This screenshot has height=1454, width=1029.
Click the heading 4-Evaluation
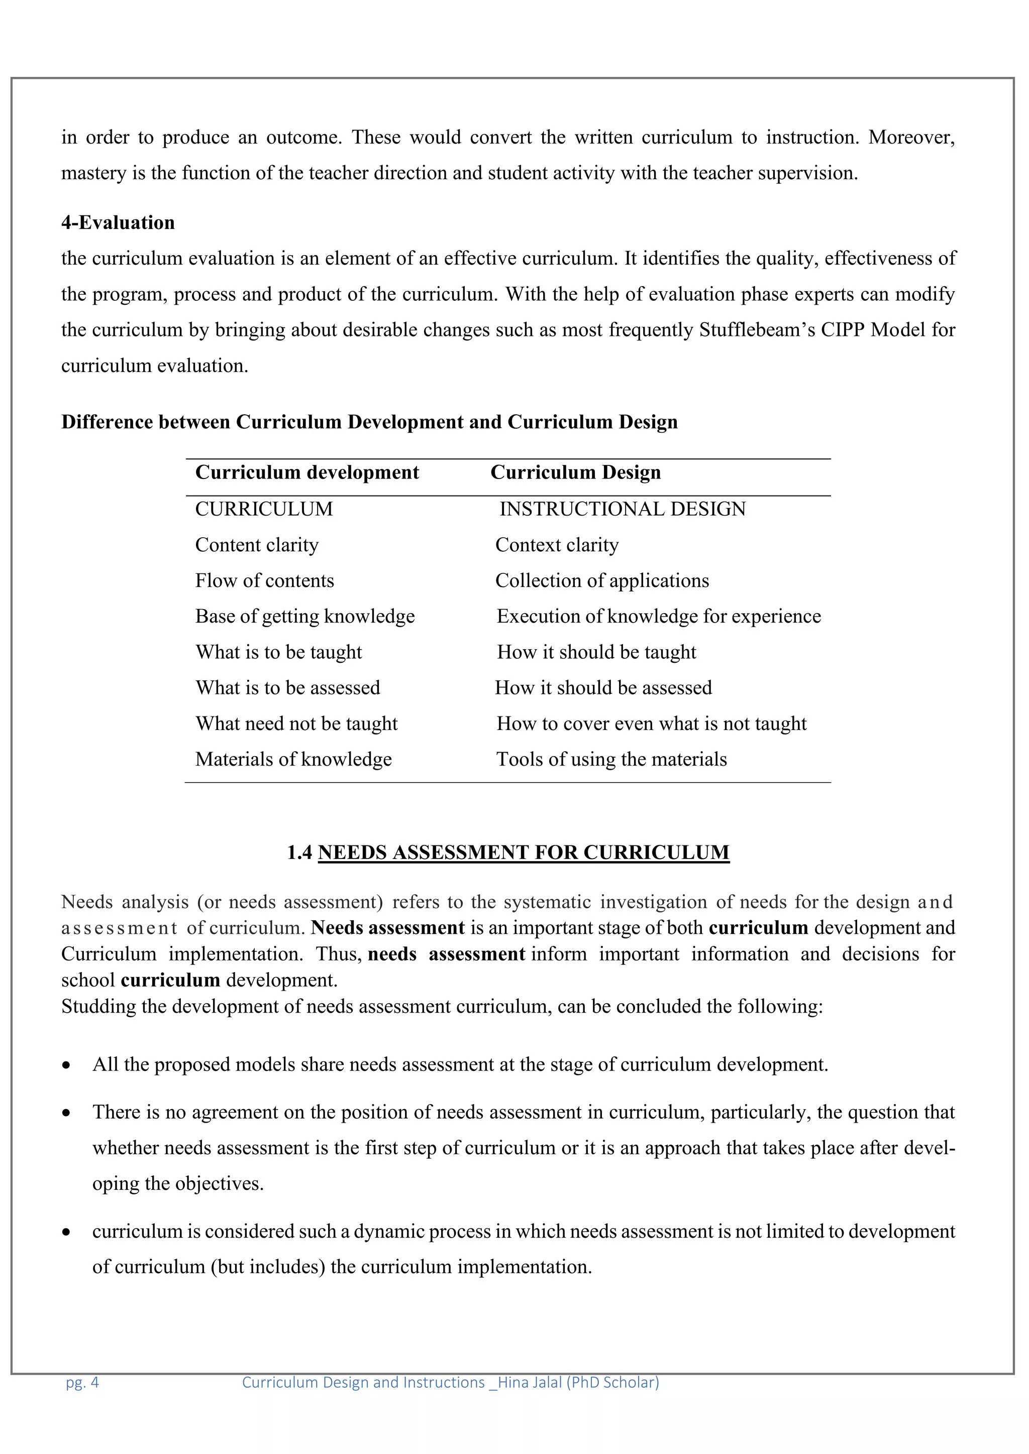coord(118,222)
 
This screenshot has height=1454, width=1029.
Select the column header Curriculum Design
coord(575,472)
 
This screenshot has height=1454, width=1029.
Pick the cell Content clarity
coord(257,545)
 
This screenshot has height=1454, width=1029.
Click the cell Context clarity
coord(556,545)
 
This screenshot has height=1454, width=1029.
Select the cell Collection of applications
coord(602,581)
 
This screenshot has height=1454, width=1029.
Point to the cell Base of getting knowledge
coord(305,616)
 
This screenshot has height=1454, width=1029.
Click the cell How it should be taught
coord(596,652)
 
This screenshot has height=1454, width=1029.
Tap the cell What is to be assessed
coord(288,688)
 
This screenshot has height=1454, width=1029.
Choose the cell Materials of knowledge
coord(293,759)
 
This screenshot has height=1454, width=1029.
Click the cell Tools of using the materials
coord(611,759)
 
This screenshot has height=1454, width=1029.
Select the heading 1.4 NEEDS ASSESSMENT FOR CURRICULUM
coord(508,853)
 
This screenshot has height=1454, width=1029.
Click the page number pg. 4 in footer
coord(82,1382)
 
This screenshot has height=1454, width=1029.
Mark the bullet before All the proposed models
coord(66,1066)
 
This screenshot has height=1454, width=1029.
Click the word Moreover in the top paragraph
coord(911,138)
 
